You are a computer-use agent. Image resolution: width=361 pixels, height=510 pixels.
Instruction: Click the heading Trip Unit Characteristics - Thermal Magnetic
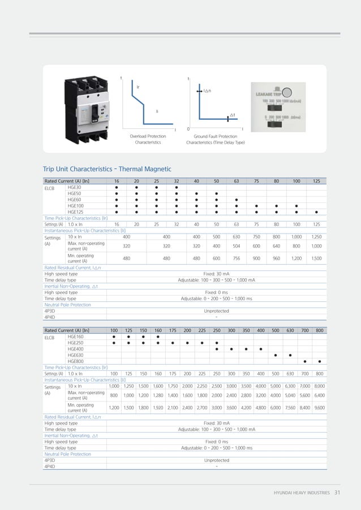click(107, 168)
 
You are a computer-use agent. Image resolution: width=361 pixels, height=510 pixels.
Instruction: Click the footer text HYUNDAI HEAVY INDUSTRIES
click(302, 493)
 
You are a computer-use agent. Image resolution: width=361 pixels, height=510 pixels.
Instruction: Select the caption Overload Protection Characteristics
click(148, 139)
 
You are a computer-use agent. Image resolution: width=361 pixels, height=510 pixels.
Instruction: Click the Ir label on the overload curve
click(138, 88)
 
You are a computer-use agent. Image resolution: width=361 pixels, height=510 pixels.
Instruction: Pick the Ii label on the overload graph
click(157, 111)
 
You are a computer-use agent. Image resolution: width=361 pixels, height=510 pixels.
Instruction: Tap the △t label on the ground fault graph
click(233, 115)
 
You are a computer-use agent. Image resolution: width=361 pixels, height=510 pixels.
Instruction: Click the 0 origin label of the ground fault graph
click(188, 129)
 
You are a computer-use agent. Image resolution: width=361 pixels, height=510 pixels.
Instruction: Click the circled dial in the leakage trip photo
click(287, 93)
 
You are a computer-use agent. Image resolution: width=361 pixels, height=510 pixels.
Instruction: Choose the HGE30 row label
click(74, 187)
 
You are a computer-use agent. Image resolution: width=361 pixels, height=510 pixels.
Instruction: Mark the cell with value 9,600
click(320, 407)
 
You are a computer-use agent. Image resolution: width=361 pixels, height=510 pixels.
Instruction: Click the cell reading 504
click(237, 246)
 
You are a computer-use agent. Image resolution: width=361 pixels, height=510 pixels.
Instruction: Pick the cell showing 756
click(237, 258)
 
